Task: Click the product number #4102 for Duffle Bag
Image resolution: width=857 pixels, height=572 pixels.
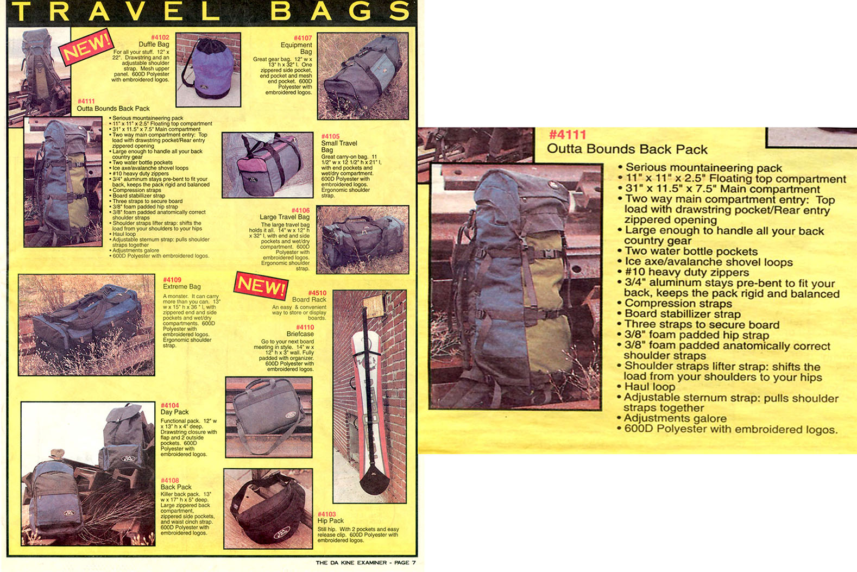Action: tap(160, 37)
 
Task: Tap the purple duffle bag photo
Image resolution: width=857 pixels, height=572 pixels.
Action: tap(208, 70)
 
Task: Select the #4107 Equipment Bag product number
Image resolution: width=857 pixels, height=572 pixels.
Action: tap(303, 38)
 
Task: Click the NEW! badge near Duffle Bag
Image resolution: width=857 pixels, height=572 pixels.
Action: tap(85, 47)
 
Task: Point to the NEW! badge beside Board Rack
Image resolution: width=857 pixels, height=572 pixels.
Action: tap(261, 285)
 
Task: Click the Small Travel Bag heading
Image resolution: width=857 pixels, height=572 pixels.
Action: tap(338, 146)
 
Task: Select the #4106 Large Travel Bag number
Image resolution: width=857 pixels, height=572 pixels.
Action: tap(300, 210)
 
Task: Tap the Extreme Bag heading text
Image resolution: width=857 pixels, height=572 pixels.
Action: tap(181, 286)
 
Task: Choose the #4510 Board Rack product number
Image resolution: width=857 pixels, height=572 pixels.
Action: tap(317, 293)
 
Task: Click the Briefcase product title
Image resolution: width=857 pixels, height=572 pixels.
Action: tap(300, 334)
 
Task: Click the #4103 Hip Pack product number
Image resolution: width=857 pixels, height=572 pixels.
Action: tap(326, 514)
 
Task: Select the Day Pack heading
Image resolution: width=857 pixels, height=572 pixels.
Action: tap(174, 412)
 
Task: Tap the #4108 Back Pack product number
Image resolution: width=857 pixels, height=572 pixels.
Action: tap(169, 480)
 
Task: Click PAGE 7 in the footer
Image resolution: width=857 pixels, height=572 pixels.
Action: tap(405, 563)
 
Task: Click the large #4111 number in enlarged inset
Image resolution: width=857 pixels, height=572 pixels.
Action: tap(567, 135)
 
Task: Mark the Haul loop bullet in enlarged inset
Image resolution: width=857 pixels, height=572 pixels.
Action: tap(650, 387)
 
